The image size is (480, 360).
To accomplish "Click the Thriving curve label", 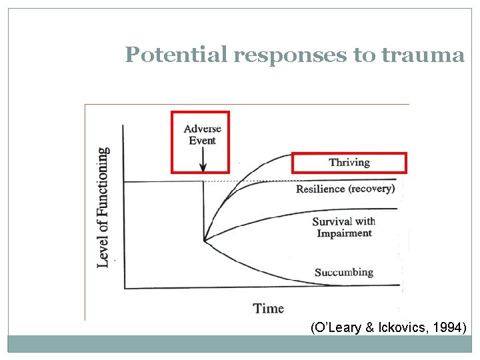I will tap(349, 163).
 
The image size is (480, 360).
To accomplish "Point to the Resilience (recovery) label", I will tap(345, 189).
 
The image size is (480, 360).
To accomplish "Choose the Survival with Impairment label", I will tap(344, 227).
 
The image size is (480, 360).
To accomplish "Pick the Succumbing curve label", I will tap(344, 272).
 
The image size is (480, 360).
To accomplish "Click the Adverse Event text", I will tap(203, 135).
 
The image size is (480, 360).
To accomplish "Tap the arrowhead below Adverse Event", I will tap(203, 167).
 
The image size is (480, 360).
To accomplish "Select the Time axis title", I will tap(268, 309).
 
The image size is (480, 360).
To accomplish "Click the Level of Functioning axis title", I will tap(103, 207).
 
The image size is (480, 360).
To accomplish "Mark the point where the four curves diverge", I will tap(204, 240).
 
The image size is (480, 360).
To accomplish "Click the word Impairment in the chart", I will tap(344, 233).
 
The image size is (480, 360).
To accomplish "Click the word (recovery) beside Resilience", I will tap(371, 189).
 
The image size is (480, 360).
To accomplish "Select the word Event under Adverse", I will tap(203, 141).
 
